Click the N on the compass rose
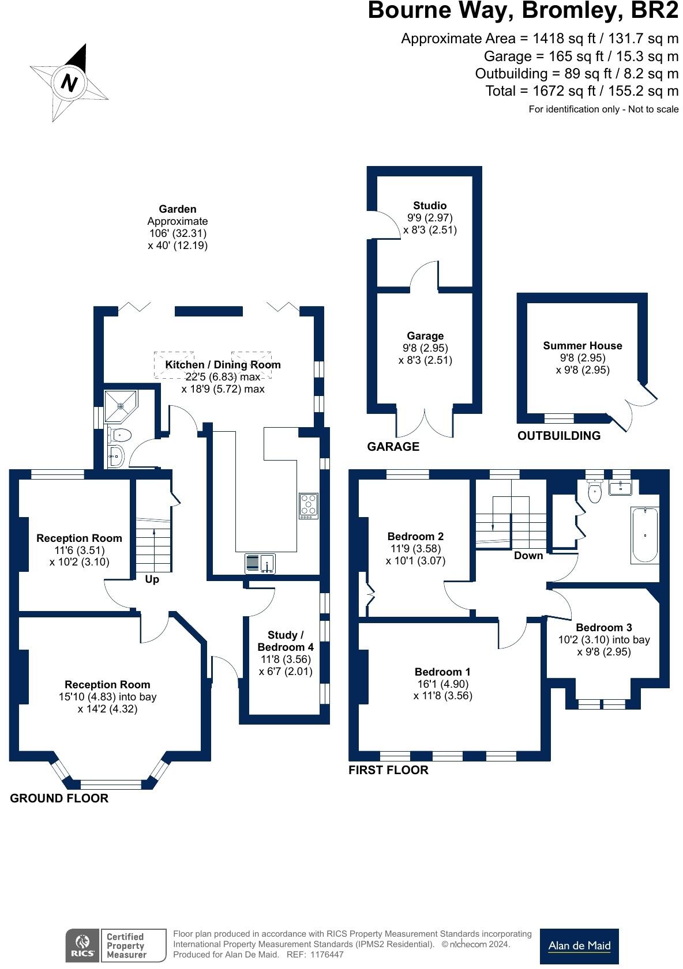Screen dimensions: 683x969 coord(69,82)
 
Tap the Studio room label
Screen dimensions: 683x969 coord(429,205)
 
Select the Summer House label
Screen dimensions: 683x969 coord(582,346)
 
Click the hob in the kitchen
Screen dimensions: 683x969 coord(308,506)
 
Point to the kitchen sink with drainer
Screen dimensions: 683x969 coord(260,563)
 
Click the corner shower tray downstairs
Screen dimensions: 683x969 coord(121,406)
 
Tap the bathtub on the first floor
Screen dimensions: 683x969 coord(645,535)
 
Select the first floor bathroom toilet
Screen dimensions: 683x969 coord(595,492)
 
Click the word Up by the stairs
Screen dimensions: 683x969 coord(152,579)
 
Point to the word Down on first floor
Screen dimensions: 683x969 coord(528,556)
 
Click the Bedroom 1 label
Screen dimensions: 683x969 coord(442,672)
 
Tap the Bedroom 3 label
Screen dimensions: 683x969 coord(603,627)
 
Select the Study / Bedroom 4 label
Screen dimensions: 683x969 coord(285,640)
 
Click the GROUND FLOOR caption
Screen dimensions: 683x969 coord(59,798)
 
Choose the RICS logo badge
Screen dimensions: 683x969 coord(82,945)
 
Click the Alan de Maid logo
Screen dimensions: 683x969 coord(579,945)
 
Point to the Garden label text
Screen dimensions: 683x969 coord(178,209)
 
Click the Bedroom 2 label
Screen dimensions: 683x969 coord(415,537)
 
